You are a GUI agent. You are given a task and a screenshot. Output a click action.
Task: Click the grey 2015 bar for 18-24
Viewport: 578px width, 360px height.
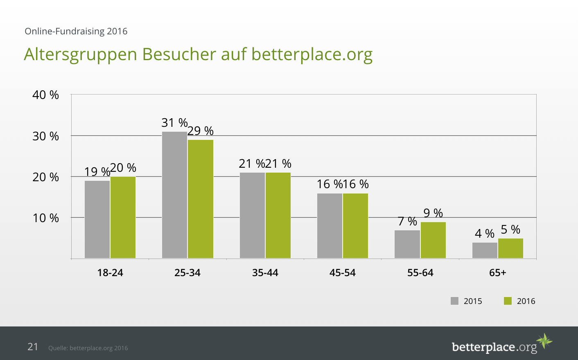tap(97, 219)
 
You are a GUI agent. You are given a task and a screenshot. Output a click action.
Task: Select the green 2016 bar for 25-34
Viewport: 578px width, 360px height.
tap(201, 199)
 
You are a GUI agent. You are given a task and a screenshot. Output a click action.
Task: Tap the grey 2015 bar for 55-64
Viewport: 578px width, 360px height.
tap(407, 244)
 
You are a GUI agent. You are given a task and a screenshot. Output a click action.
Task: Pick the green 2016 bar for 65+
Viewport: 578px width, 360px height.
tap(510, 248)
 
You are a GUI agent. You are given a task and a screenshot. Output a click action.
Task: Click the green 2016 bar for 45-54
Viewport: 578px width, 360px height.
tap(355, 226)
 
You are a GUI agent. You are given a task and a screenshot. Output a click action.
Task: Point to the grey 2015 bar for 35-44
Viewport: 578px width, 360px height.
tap(252, 215)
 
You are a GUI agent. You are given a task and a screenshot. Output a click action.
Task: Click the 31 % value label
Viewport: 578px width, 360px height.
tap(174, 123)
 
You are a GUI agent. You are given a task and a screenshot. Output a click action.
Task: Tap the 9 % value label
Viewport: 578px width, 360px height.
tap(433, 213)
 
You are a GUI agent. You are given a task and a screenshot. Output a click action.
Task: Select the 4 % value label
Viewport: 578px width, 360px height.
tap(485, 234)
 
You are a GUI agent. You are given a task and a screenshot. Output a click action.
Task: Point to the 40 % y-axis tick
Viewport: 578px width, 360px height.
tap(45, 95)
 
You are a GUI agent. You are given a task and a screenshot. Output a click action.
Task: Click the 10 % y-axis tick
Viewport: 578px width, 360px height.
tap(45, 218)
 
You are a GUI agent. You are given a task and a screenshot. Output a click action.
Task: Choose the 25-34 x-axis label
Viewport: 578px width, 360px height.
tap(187, 273)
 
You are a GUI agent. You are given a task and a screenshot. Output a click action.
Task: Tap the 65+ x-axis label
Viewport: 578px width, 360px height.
tap(498, 273)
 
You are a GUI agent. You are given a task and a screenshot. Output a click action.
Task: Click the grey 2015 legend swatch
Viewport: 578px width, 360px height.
tap(454, 301)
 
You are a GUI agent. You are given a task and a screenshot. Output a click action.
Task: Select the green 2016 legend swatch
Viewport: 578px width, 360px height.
tap(508, 301)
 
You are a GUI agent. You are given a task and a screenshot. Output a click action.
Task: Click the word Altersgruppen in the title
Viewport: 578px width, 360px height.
tap(80, 54)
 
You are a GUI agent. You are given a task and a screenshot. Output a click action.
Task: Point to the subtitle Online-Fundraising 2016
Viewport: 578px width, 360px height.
tap(76, 32)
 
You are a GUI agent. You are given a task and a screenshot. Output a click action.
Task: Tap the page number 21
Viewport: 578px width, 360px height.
tap(33, 347)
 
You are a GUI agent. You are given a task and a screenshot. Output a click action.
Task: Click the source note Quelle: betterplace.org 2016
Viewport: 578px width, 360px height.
tap(88, 348)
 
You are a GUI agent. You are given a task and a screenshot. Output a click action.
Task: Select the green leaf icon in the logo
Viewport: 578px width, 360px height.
tap(544, 340)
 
